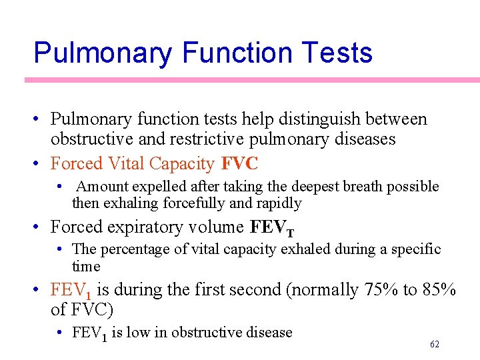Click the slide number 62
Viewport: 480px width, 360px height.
435,344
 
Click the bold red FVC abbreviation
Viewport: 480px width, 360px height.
239,163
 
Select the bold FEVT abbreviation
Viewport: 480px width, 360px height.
271,228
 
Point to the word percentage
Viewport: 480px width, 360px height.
135,249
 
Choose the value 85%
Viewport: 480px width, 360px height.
439,291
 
